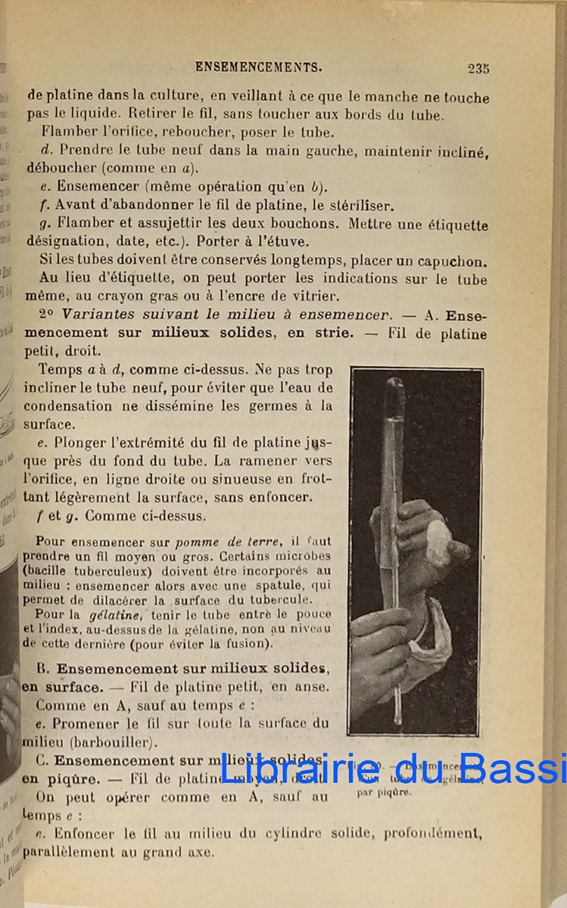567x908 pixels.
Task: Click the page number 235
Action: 478,68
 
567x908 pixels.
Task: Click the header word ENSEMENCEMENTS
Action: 258,67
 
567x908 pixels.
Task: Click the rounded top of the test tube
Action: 394,386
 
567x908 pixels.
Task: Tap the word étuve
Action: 267,242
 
